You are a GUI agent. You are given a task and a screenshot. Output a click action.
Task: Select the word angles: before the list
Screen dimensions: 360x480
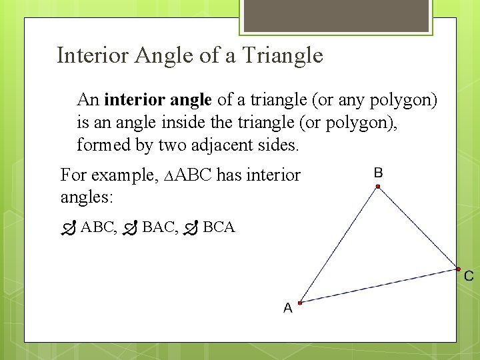(x=87, y=197)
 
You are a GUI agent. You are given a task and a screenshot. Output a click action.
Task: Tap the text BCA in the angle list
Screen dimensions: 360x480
(x=219, y=227)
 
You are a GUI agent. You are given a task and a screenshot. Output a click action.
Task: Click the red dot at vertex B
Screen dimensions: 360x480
(x=377, y=187)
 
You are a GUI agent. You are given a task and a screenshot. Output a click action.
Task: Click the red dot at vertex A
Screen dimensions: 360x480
(x=300, y=303)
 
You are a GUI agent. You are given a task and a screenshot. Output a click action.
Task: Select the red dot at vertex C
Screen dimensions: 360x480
(x=458, y=269)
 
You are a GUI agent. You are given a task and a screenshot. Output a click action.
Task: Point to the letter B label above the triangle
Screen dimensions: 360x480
(x=378, y=173)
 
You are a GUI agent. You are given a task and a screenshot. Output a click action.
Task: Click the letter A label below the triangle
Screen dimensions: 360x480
(x=287, y=308)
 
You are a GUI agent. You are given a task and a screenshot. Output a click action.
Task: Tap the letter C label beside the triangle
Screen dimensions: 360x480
(x=469, y=275)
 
